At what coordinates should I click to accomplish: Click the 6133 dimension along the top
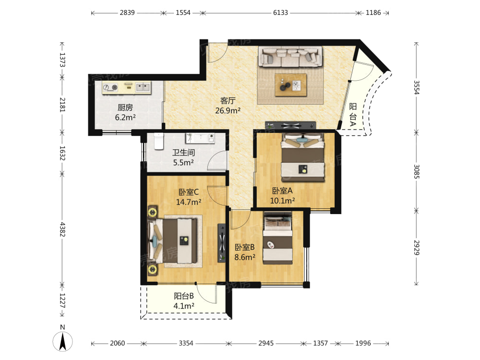tap(280, 12)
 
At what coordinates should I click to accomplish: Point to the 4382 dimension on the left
tap(62, 229)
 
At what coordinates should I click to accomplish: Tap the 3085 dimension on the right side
tap(416, 172)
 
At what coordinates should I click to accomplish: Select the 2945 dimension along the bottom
tap(266, 343)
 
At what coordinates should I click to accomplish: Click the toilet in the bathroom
tap(158, 141)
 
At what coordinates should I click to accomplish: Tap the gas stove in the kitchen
tap(110, 87)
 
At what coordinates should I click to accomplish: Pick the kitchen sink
tap(143, 87)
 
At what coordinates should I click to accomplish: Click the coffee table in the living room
tap(290, 85)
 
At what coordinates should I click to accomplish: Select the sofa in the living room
tap(290, 57)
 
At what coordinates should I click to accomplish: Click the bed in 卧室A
tap(302, 157)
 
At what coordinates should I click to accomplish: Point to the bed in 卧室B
tap(277, 238)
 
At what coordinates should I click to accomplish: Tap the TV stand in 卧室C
tap(221, 243)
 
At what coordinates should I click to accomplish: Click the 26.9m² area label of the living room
tap(228, 110)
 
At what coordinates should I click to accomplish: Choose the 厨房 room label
tap(125, 108)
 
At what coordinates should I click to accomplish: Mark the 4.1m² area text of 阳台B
tap(184, 306)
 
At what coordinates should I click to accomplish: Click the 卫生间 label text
tap(183, 153)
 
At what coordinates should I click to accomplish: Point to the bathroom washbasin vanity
tap(200, 138)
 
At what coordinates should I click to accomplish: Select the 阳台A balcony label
tap(353, 115)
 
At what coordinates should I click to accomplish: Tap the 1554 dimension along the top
tap(183, 12)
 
